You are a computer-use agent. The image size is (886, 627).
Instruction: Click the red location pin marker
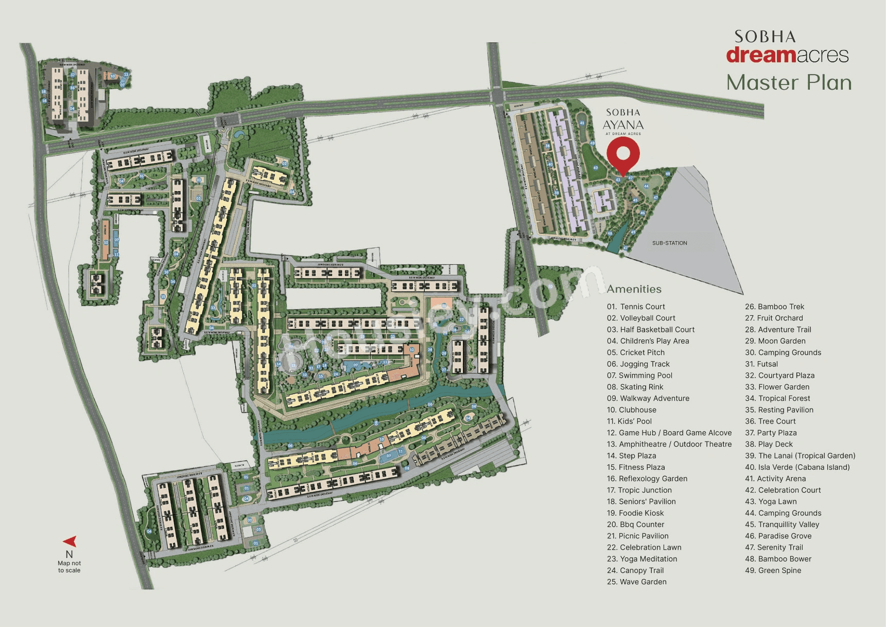coord(623,155)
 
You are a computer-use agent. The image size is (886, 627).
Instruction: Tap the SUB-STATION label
coord(669,243)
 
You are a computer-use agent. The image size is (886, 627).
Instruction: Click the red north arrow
coord(71,541)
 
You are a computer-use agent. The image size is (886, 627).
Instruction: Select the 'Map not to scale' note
coord(69,567)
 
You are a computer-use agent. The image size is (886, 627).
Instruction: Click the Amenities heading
coord(634,289)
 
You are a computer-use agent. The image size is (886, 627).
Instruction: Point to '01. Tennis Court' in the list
coord(636,307)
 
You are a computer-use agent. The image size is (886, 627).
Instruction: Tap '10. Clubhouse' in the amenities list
coord(632,410)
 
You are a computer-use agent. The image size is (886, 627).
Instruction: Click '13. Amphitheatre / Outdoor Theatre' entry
coord(669,444)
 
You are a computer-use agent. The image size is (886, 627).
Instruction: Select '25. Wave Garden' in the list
coord(636,582)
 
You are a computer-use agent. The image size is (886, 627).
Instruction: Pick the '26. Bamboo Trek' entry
coord(774,307)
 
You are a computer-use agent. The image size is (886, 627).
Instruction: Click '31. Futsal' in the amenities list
coord(761,364)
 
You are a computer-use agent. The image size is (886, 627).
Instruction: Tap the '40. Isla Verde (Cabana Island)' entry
coord(797,467)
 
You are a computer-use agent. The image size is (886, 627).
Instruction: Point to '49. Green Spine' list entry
coord(773,570)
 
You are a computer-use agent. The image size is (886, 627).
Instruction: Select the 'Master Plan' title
coord(789,82)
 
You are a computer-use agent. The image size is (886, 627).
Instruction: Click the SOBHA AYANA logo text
coord(623,120)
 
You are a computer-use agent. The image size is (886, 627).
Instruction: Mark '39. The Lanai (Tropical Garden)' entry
coord(800,455)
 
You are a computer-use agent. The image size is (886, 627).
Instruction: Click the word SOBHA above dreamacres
coord(765,37)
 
